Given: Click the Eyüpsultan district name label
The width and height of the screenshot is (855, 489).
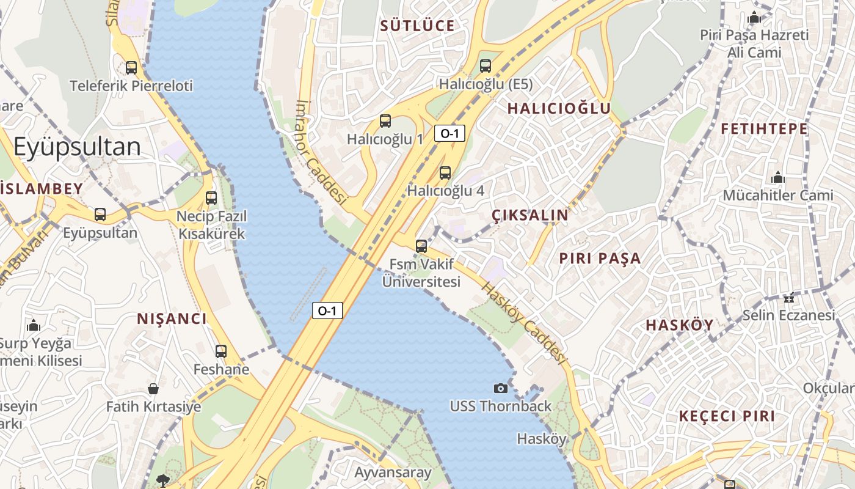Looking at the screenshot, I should click(x=77, y=147).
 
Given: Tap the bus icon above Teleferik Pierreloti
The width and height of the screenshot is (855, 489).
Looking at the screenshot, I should click(x=131, y=67).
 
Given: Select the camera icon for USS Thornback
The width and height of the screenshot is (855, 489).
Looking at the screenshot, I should click(x=500, y=388).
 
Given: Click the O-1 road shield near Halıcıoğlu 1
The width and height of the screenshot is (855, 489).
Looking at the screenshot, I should click(x=450, y=133).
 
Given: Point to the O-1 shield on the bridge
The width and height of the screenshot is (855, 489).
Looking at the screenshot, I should click(x=327, y=311).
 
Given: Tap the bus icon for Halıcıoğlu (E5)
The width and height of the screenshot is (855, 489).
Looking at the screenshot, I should click(x=486, y=66).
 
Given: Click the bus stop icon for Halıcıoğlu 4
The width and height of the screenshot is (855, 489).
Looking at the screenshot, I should click(x=445, y=173).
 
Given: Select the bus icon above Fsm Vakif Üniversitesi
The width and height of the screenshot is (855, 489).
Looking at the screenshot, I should click(x=421, y=246).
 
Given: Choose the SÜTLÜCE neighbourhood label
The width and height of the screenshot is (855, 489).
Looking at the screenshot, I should click(x=418, y=26).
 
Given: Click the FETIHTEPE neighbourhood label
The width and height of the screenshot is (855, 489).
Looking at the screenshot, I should click(x=764, y=129).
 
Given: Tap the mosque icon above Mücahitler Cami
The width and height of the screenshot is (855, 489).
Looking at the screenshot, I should click(x=778, y=178).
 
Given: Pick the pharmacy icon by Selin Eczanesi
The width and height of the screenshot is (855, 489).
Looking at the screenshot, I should click(x=789, y=298).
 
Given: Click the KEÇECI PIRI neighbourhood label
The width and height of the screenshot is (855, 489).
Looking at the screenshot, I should click(x=727, y=416).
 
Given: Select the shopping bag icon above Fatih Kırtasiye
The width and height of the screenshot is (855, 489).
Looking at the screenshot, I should click(x=153, y=389).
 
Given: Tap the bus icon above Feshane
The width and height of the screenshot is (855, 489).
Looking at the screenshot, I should click(x=221, y=351).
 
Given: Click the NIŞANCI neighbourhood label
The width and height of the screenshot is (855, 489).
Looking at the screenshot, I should click(x=172, y=318).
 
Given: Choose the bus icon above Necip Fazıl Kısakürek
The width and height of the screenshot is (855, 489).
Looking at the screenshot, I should click(x=211, y=198).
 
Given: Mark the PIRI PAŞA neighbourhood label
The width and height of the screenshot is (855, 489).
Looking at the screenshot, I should click(x=600, y=259).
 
